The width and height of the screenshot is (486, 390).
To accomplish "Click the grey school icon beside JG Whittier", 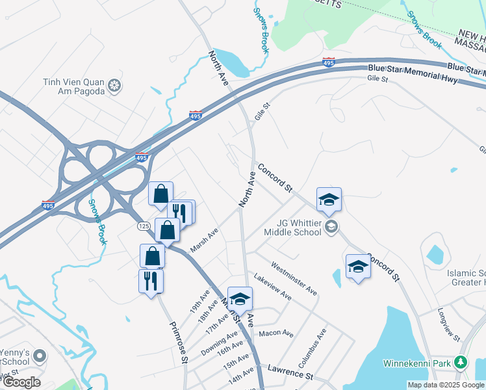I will (331, 226).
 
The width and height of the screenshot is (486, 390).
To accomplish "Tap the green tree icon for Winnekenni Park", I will (461, 361).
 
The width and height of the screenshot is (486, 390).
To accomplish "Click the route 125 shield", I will (144, 226).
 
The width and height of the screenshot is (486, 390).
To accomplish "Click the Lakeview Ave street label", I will (272, 286).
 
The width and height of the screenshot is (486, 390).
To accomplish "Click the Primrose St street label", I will (179, 342).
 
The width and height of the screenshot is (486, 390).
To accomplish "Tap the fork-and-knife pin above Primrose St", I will (151, 281).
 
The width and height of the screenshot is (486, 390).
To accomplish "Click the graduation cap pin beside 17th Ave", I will (240, 299).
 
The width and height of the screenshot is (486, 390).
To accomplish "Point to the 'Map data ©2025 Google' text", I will (444, 385).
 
